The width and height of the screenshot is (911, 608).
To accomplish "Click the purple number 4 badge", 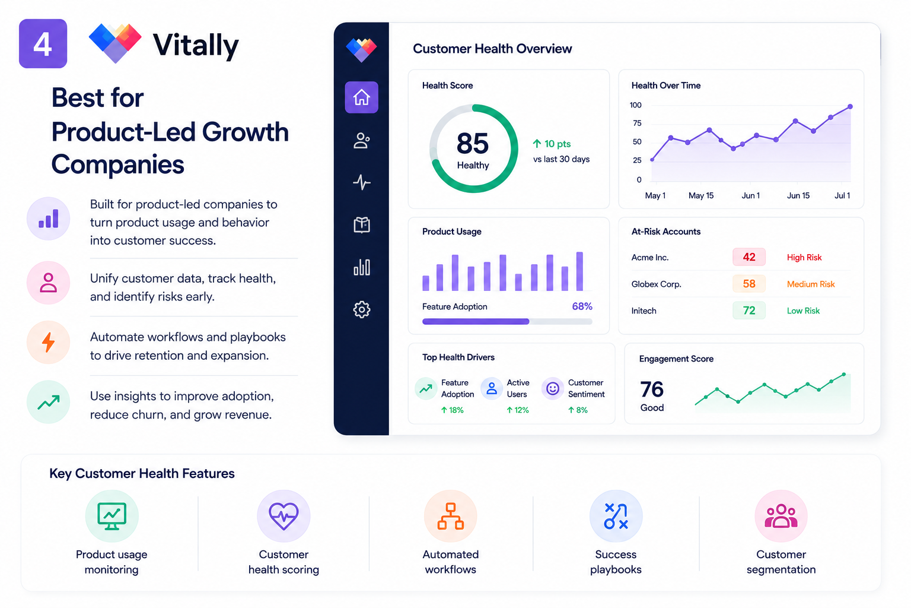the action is (x=43, y=43).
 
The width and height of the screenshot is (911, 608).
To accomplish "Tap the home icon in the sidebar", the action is (x=361, y=97).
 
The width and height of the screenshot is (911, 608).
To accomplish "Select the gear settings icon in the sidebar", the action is (x=362, y=309).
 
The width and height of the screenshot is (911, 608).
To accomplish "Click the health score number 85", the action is (x=472, y=143).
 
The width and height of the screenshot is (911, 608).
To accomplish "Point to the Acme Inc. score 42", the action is (x=748, y=257).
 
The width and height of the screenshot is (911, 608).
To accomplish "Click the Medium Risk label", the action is (x=811, y=284).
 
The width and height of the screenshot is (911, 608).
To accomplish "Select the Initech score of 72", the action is (x=748, y=311).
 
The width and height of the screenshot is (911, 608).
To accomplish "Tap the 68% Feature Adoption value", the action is (x=582, y=306).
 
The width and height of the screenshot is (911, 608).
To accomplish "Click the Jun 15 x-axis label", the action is (x=798, y=195).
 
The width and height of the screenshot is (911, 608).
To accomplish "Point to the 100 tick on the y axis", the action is (x=635, y=105).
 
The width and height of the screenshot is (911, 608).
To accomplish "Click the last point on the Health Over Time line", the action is (x=850, y=107).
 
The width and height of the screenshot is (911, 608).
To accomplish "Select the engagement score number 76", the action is (x=652, y=389).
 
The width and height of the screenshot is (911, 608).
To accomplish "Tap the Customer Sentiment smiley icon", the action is (x=552, y=388).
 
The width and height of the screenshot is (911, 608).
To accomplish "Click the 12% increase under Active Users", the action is (x=518, y=410).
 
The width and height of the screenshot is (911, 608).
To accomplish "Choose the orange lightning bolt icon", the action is (x=49, y=342).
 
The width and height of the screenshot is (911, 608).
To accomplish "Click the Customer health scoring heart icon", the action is (x=284, y=516).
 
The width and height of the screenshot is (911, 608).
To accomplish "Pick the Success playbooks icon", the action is (x=616, y=516).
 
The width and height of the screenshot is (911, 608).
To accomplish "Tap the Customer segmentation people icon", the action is (x=781, y=516).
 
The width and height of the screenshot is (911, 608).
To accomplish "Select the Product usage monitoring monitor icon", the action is (x=112, y=516).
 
